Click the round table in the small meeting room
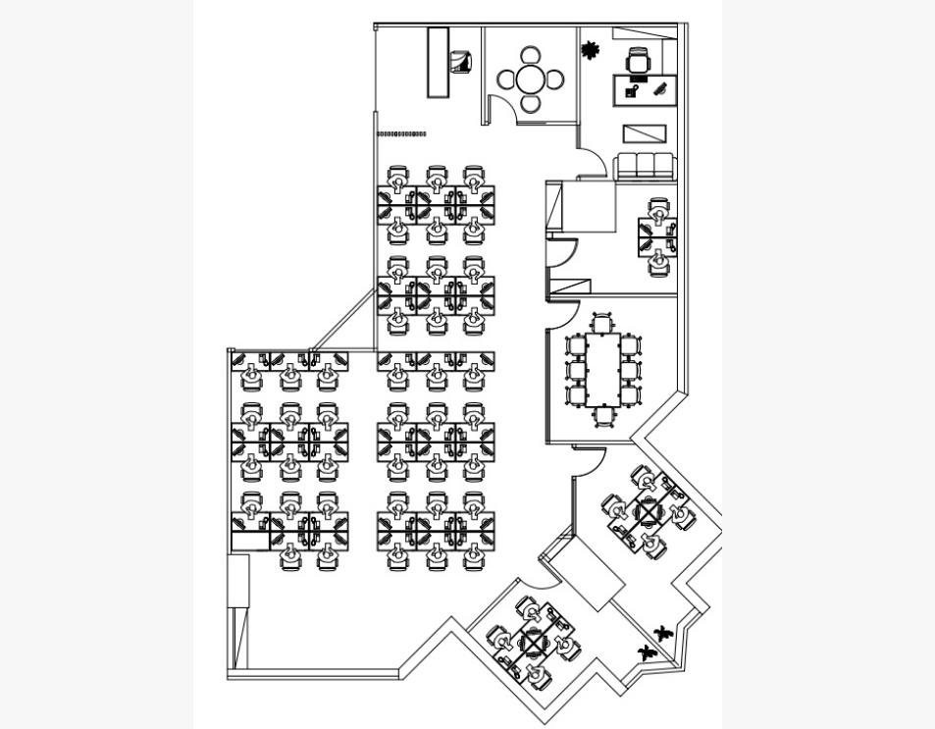click(x=531, y=78)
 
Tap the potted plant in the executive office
click(x=591, y=49)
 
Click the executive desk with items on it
click(x=645, y=89)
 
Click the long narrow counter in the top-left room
click(x=438, y=62)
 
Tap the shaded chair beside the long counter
click(x=460, y=62)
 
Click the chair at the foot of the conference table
click(x=603, y=416)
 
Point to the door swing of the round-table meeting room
click(x=501, y=109)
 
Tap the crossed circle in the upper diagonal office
click(x=649, y=510)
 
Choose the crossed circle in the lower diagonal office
click(x=533, y=643)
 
